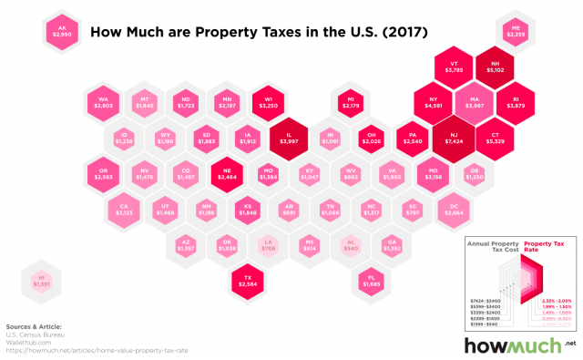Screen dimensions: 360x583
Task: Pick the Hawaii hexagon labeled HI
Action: [40, 279]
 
